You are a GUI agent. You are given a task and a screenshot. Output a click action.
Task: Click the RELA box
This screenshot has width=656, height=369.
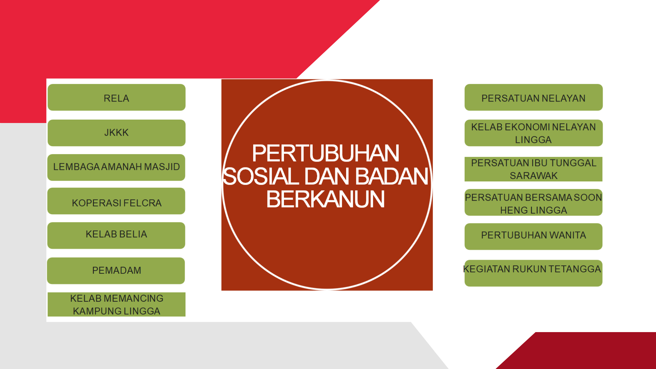117,97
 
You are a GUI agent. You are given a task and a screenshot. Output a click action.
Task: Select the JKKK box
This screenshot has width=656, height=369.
117,133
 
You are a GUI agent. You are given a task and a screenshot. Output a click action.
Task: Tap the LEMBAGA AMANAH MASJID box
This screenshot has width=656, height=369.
116,167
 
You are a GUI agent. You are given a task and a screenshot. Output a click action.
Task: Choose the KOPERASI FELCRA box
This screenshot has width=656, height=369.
116,201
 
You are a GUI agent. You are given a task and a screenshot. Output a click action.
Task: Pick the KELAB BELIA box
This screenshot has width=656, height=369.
116,235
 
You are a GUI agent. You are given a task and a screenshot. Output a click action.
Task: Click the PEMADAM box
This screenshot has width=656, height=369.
116,271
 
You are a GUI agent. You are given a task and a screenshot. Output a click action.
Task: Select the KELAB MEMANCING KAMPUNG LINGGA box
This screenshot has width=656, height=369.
117,304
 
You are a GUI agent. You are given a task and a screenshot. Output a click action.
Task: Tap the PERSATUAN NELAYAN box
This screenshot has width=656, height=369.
534,97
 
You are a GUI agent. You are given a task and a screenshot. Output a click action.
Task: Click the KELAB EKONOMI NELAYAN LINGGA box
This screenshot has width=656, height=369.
534,133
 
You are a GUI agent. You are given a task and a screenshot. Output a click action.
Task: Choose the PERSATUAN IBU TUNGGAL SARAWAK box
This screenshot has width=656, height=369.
533,169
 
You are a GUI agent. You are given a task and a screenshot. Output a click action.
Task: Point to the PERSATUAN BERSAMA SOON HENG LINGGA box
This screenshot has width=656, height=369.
533,202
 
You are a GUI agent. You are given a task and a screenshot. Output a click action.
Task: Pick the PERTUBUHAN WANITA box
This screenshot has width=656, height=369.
533,236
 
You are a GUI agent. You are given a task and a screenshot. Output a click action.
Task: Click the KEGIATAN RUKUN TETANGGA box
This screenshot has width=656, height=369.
533,273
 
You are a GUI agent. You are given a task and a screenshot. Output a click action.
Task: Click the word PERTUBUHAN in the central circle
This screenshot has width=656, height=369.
326,153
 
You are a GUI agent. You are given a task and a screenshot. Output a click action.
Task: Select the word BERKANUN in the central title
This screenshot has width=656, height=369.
326,199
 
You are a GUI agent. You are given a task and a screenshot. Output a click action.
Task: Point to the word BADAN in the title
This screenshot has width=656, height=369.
392,176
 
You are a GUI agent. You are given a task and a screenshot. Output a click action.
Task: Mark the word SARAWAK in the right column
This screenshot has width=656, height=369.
534,176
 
